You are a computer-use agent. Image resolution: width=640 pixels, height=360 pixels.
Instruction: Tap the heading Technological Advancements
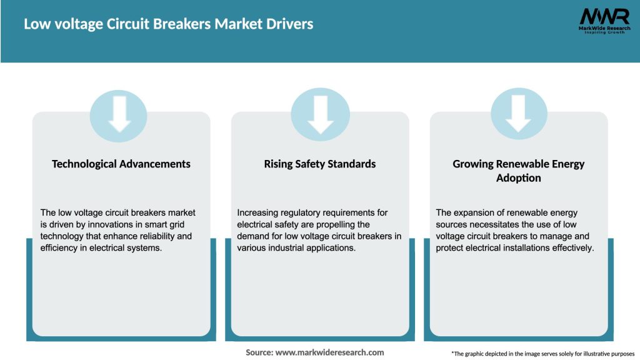[121, 164]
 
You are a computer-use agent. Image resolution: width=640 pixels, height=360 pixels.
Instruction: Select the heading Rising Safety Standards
[320, 164]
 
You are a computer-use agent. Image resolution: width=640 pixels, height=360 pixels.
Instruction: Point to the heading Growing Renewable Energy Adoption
[518, 171]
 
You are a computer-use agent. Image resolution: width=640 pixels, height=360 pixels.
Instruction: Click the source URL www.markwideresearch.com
[329, 352]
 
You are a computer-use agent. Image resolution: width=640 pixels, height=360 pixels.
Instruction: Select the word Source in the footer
[259, 352]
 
